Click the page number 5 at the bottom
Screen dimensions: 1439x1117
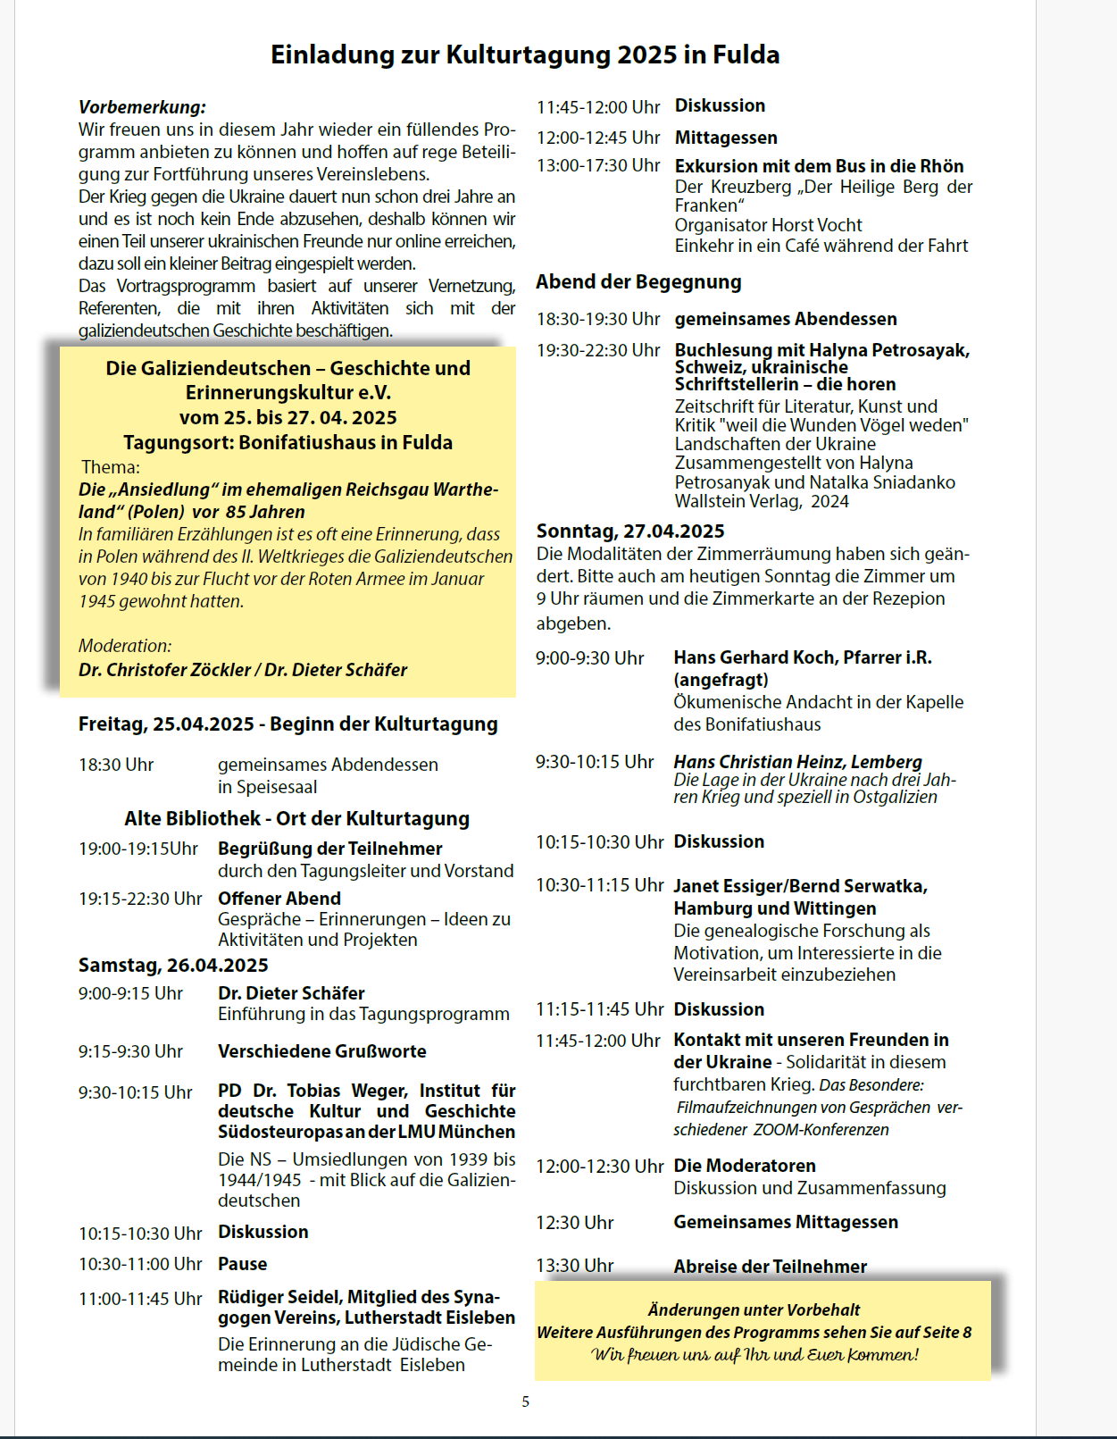click(x=526, y=1401)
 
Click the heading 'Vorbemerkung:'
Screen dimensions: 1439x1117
click(x=142, y=107)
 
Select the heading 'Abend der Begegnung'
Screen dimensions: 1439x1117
click(x=638, y=282)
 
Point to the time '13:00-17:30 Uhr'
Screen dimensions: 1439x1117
click(x=598, y=166)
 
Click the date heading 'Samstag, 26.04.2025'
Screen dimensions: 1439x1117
click(x=173, y=966)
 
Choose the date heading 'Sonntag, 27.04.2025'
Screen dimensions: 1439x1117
click(x=630, y=531)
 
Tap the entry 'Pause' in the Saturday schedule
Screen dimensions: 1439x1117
click(x=243, y=1264)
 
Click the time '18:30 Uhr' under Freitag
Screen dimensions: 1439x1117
click(x=116, y=766)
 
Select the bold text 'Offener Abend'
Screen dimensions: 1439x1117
click(x=279, y=899)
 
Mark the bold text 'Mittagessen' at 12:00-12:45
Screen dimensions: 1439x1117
click(x=726, y=138)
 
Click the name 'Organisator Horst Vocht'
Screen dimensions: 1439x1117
click(x=768, y=225)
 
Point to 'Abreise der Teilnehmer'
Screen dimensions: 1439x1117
click(x=770, y=1267)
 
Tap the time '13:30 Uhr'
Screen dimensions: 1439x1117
click(x=575, y=1266)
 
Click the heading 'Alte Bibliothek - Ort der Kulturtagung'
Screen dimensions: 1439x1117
click(x=296, y=819)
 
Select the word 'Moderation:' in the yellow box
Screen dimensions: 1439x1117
click(x=125, y=646)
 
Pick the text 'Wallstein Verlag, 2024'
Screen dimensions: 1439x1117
click(x=762, y=501)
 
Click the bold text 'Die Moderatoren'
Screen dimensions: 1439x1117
click(x=745, y=1166)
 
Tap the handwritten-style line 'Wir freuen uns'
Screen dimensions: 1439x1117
click(x=754, y=1355)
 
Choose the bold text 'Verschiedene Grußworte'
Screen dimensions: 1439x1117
click(x=322, y=1051)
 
